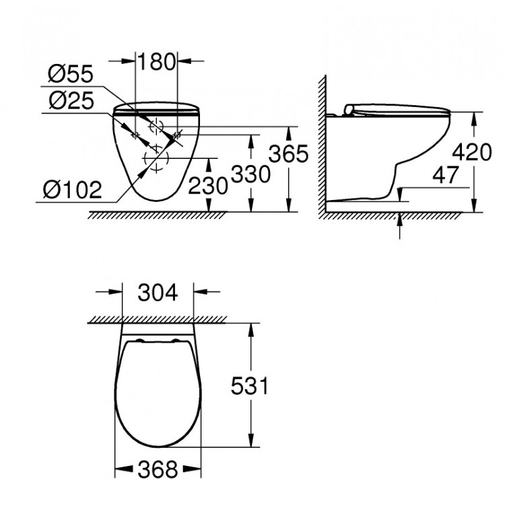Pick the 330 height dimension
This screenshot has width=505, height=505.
[x=250, y=174]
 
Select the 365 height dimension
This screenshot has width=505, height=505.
[x=288, y=154]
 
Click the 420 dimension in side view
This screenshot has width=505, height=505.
[x=472, y=152]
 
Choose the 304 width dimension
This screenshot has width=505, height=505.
[x=158, y=293]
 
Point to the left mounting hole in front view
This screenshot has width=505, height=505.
[x=135, y=137]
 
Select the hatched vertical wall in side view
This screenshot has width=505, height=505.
[x=321, y=148]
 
